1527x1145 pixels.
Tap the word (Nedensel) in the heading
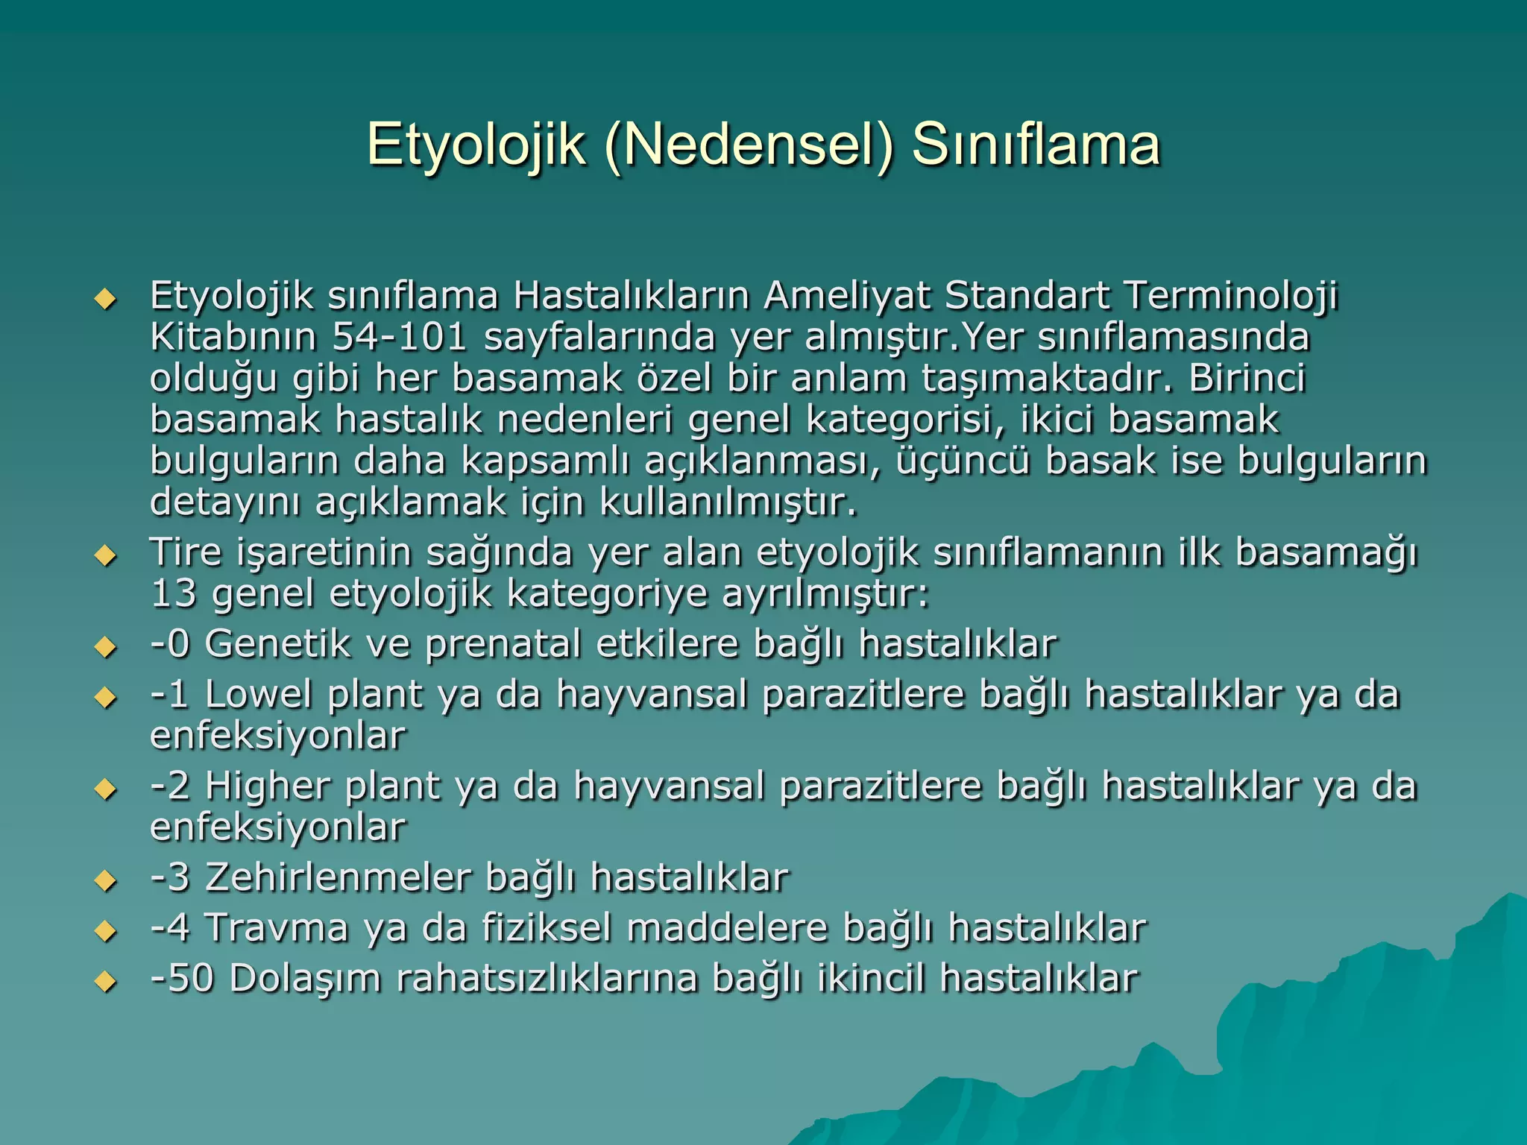[x=749, y=145]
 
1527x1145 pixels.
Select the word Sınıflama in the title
[x=1036, y=145]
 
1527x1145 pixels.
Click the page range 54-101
[x=400, y=337]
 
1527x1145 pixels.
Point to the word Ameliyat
[x=846, y=295]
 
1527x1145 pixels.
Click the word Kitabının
[x=233, y=337]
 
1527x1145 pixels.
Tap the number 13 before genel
[x=173, y=594]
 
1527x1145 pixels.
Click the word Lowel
[x=258, y=694]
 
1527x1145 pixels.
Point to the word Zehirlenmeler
[x=338, y=877]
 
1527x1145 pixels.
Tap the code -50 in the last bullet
[x=183, y=979]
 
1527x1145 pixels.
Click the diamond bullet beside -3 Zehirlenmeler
[x=106, y=882]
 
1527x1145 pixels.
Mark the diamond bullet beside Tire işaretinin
[x=106, y=556]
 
